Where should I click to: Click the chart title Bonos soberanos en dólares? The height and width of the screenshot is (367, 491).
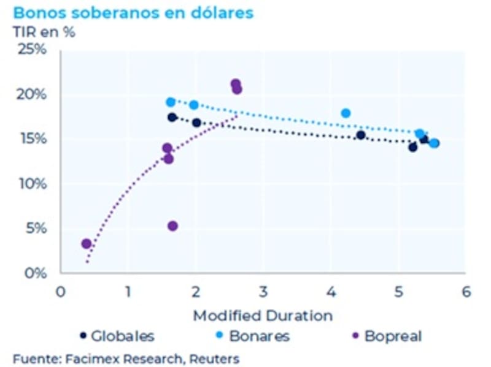(133, 13)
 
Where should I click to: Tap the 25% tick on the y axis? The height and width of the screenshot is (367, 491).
(33, 50)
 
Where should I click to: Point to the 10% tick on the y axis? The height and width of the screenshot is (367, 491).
(33, 184)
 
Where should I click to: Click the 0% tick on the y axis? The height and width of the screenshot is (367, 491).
(35, 273)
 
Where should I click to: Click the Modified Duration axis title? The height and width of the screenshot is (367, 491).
(263, 316)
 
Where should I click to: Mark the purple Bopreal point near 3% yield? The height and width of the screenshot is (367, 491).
(87, 244)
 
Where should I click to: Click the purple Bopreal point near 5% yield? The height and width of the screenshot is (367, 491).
(172, 226)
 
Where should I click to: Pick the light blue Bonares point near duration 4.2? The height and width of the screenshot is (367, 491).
(346, 113)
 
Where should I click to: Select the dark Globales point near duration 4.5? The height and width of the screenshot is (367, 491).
(361, 135)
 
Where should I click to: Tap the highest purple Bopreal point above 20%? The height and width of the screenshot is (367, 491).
(235, 83)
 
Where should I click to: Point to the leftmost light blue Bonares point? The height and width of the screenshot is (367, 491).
(171, 102)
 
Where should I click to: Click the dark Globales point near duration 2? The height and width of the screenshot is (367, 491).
(196, 123)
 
